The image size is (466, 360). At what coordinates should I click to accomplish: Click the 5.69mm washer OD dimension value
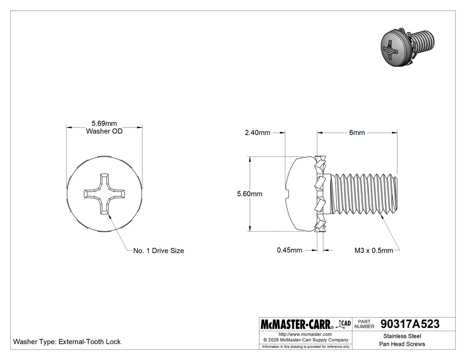point(104,124)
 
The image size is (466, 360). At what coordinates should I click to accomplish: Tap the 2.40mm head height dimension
point(257,132)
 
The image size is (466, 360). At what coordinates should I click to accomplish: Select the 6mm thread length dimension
point(357,132)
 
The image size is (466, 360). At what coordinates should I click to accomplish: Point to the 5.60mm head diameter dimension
point(249,194)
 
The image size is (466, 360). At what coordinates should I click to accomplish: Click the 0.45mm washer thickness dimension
point(289,250)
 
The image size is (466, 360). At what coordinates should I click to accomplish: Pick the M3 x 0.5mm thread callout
point(374,250)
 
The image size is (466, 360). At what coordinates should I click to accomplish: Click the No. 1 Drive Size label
point(158,251)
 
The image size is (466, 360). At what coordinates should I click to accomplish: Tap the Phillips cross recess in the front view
point(104,194)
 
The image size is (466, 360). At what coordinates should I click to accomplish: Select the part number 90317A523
point(410,324)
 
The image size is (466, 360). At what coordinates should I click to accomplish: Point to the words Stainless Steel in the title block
point(402,336)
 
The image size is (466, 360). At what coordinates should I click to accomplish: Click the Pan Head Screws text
point(402,344)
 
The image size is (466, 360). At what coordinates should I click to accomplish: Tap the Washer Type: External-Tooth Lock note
point(67,342)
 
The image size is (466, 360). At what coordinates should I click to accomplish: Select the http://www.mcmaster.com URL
point(305,334)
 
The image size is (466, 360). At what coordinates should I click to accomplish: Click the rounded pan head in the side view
point(300,194)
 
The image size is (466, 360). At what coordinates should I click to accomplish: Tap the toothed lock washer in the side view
point(320,194)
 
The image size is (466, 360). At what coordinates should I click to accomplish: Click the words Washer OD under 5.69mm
point(104,131)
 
